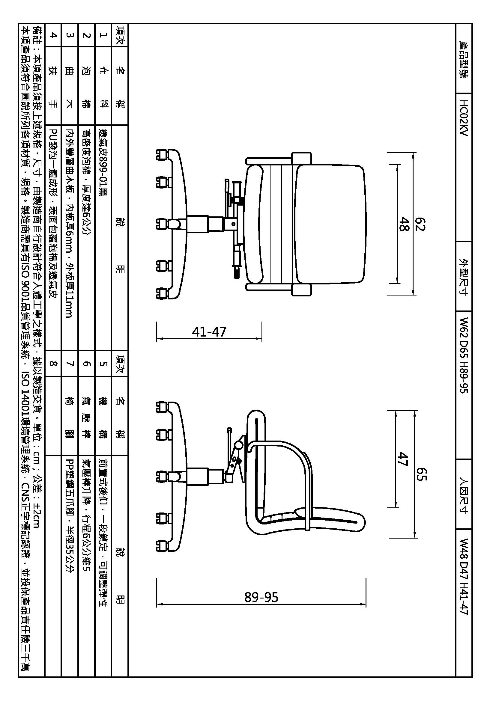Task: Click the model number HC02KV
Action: tap(464, 117)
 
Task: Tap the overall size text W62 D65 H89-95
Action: tap(464, 355)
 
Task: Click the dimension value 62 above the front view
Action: tap(420, 224)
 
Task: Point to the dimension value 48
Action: tap(404, 224)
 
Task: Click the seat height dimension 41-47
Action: tap(209, 331)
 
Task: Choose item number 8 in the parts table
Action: tap(53, 363)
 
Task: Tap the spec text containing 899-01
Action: tap(103, 162)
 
